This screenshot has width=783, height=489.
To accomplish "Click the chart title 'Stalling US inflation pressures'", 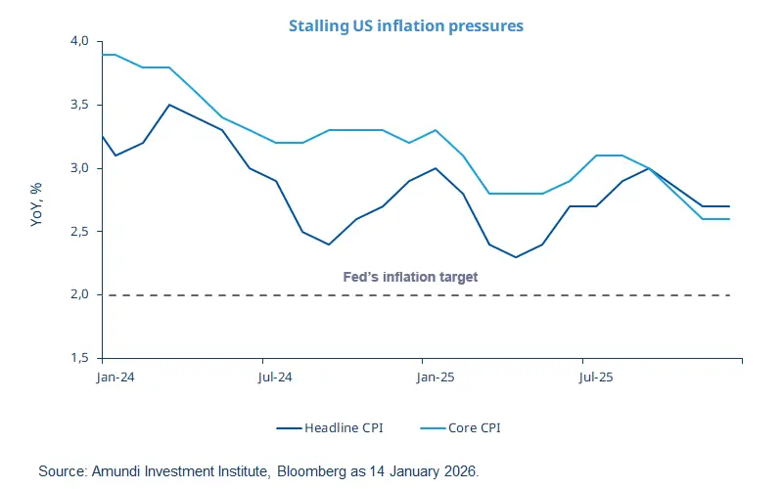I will (x=405, y=25).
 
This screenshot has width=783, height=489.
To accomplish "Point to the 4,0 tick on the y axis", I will (x=78, y=41).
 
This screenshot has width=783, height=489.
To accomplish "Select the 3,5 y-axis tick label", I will (x=78, y=105).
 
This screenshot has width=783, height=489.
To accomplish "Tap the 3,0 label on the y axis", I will (x=78, y=168).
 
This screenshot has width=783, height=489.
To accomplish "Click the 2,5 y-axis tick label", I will (x=78, y=232).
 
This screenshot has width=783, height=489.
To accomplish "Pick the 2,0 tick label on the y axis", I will (x=78, y=294).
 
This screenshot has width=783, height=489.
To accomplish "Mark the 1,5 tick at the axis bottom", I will (x=78, y=358).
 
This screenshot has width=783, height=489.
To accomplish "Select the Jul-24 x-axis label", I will (x=276, y=376).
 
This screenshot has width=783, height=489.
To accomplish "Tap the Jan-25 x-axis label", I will (x=436, y=376).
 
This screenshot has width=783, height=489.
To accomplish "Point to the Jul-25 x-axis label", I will (x=595, y=376).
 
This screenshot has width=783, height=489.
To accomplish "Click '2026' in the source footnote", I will (x=461, y=471).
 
